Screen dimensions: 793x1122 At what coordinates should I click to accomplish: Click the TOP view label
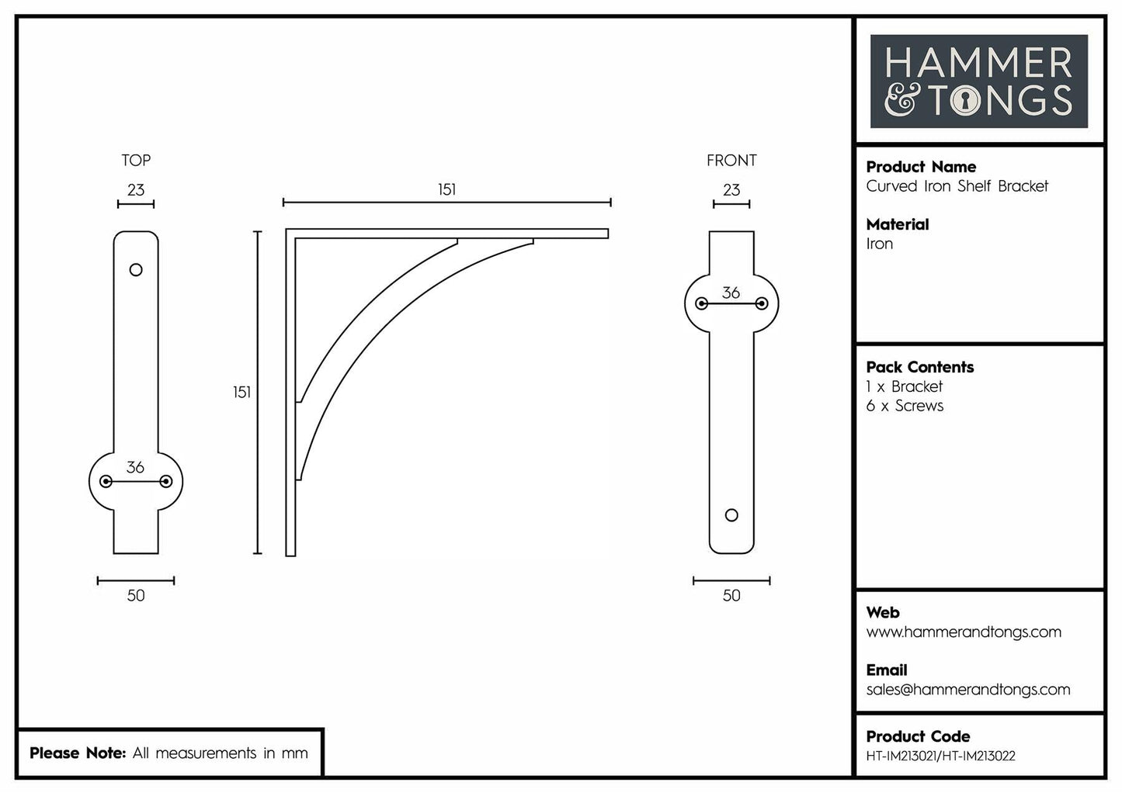(x=136, y=161)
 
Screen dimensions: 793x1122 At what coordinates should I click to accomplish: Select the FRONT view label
(x=731, y=161)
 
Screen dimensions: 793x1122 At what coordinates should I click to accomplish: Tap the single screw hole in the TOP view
(x=136, y=270)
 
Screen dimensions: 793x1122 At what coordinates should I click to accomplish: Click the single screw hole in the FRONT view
(x=731, y=515)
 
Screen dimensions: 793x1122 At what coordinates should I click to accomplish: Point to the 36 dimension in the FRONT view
(x=731, y=293)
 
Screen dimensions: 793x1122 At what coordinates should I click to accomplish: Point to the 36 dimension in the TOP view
(x=135, y=467)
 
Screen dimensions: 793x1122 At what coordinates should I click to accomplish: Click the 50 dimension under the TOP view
(x=136, y=595)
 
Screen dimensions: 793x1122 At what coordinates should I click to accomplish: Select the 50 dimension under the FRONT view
(x=731, y=595)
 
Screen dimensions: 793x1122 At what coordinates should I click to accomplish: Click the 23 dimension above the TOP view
(x=136, y=190)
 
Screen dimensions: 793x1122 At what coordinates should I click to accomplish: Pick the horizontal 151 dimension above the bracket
(x=446, y=190)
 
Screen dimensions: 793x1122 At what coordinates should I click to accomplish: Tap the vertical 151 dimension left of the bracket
(x=241, y=393)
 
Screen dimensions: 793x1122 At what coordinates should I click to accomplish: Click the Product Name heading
(x=921, y=167)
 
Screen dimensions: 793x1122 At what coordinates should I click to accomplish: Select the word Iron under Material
(x=880, y=244)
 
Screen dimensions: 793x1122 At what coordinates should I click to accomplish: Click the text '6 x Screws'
(x=905, y=406)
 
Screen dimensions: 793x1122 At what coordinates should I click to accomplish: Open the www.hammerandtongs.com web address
(x=964, y=632)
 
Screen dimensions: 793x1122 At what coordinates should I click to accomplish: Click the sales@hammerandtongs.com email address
(x=968, y=689)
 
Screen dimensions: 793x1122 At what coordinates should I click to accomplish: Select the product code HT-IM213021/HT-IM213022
(x=940, y=756)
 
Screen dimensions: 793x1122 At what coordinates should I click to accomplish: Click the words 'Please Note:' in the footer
(x=78, y=753)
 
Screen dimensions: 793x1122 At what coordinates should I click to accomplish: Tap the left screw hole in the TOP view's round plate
(x=106, y=482)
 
